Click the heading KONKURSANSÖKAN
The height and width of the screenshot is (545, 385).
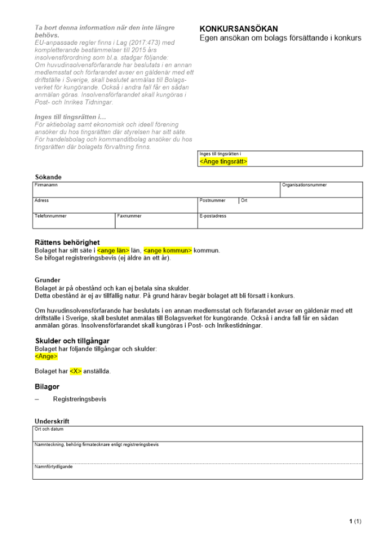click(x=239, y=29)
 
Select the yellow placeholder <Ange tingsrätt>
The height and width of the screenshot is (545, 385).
click(x=223, y=162)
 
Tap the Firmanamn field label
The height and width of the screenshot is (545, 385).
click(x=46, y=185)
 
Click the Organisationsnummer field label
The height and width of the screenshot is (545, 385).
click(x=304, y=185)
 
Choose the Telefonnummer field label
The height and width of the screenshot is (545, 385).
click(x=51, y=216)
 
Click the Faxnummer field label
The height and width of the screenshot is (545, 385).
click(x=129, y=216)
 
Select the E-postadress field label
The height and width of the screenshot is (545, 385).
click(x=213, y=216)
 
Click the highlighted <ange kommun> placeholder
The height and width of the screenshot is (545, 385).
click(x=168, y=250)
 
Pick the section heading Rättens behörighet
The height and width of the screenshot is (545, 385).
click(x=67, y=243)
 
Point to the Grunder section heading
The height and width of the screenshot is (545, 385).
click(x=47, y=280)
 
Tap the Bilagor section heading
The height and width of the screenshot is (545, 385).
click(x=47, y=386)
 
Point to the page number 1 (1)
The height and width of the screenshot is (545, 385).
click(x=355, y=522)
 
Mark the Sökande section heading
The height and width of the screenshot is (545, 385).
click(x=48, y=177)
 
